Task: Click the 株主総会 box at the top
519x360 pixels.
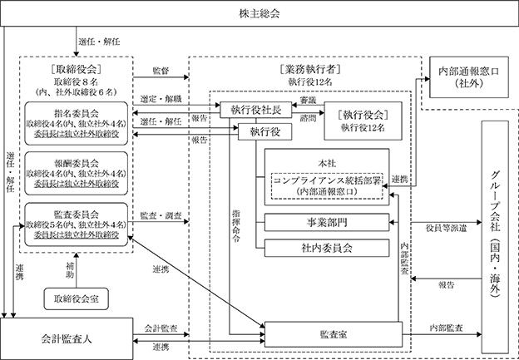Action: (259, 13)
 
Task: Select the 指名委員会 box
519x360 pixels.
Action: (77, 123)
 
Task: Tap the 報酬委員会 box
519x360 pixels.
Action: (77, 174)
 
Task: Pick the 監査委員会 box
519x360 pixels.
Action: (77, 224)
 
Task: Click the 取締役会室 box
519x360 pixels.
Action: (77, 299)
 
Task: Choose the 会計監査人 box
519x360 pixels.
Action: (67, 339)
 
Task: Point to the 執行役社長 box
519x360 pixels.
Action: (256, 110)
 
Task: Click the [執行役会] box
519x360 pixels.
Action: (363, 121)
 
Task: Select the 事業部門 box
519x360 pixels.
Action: (327, 222)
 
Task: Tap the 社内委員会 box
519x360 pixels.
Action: (327, 248)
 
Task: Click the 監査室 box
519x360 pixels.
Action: (334, 334)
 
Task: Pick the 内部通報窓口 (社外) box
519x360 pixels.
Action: (469, 77)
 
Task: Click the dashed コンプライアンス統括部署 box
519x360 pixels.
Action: (327, 186)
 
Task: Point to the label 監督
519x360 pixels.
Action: (161, 71)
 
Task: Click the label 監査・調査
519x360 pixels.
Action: (161, 215)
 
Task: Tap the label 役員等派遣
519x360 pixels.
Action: (446, 229)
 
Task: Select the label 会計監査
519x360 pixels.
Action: (161, 328)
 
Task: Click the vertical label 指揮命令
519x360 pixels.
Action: (236, 226)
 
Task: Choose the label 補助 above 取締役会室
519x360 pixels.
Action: (70, 270)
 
